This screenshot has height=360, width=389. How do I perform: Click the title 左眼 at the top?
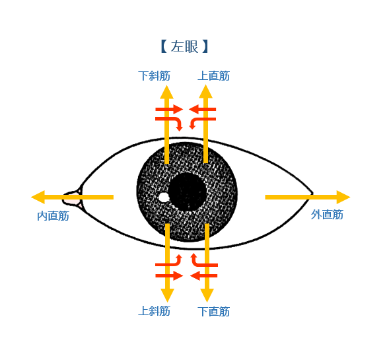(184, 46)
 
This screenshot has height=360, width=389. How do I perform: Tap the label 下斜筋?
(154, 76)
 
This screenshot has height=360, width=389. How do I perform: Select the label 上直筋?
(213, 76)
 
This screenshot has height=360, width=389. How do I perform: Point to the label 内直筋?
(53, 216)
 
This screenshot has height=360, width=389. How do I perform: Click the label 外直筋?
(327, 215)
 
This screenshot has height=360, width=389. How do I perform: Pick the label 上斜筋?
(154, 311)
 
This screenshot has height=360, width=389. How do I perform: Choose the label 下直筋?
(213, 312)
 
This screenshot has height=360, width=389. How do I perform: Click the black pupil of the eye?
(187, 192)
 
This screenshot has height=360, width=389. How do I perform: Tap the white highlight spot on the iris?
(164, 198)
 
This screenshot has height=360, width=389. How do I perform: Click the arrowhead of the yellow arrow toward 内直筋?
(38, 198)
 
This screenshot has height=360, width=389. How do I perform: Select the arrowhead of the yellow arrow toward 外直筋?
(343, 198)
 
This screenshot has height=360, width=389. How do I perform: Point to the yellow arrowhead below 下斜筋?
(166, 92)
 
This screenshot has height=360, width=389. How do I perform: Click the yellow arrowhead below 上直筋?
(205, 92)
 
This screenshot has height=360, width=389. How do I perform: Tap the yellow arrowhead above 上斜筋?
(168, 295)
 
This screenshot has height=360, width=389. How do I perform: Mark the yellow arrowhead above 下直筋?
(207, 295)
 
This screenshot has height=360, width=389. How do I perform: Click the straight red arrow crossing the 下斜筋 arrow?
(169, 109)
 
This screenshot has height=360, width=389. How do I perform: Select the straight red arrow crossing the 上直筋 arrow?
(203, 109)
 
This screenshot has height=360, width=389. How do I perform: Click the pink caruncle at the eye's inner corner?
(73, 198)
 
